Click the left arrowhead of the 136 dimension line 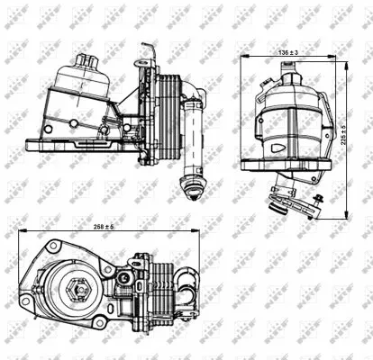pyautogui.click(x=243, y=58)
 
